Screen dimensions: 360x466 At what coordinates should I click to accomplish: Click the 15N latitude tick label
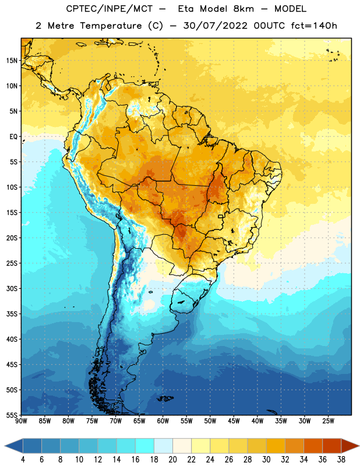pyautogui.click(x=12, y=61)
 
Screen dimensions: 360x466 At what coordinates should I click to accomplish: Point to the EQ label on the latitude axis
pyautogui.click(x=13, y=137)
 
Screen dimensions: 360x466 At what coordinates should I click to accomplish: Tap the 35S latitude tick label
pyautogui.click(x=12, y=314)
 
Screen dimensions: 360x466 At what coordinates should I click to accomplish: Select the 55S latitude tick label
pyautogui.click(x=12, y=415)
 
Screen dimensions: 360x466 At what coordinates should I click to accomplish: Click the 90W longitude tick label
pyautogui.click(x=21, y=421)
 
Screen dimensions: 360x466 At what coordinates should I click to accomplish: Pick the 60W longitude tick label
pyautogui.click(x=163, y=421)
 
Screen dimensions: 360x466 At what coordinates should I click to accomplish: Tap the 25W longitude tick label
pyautogui.click(x=328, y=421)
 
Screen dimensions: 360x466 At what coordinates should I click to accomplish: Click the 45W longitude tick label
pyautogui.click(x=234, y=421)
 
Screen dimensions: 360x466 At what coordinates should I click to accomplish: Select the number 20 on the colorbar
pyautogui.click(x=172, y=460)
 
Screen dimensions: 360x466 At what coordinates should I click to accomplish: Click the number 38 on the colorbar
pyautogui.click(x=341, y=460)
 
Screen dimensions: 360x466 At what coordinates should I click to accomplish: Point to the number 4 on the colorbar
pyautogui.click(x=23, y=460)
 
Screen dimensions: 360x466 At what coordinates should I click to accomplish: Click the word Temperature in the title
pyautogui.click(x=111, y=26)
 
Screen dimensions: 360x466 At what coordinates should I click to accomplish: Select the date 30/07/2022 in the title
pyautogui.click(x=215, y=26)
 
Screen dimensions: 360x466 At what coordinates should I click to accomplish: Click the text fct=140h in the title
pyautogui.click(x=314, y=26)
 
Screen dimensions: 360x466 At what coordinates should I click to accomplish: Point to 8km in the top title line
pyautogui.click(x=243, y=9)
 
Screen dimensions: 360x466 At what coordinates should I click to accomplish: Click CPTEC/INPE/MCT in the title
pyautogui.click(x=110, y=9)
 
